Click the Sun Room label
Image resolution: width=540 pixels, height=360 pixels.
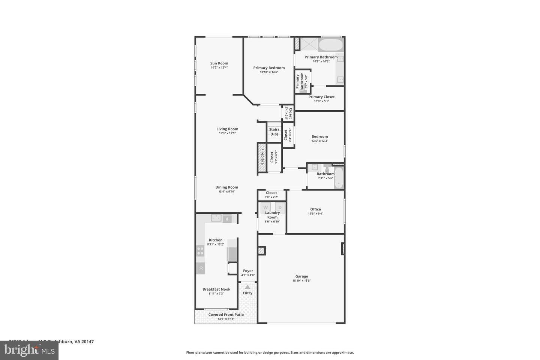click(x=219, y=63)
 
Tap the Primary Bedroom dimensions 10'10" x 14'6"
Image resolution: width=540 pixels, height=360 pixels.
click(x=269, y=72)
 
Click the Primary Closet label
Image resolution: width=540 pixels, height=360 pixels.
click(x=321, y=97)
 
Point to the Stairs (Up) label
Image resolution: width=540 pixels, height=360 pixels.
click(x=274, y=132)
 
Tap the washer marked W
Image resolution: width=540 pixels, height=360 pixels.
click(x=266, y=207)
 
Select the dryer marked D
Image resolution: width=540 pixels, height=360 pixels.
click(x=280, y=207)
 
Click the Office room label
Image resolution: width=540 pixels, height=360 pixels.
click(x=315, y=209)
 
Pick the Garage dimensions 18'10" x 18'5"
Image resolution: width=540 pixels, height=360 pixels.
click(x=301, y=280)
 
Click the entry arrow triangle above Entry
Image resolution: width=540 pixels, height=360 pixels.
click(x=247, y=287)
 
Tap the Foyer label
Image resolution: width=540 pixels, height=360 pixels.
click(x=248, y=271)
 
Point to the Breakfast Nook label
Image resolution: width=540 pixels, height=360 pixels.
click(x=216, y=289)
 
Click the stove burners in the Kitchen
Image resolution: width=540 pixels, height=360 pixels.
click(x=200, y=251)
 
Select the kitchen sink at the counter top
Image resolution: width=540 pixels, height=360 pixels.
click(x=216, y=218)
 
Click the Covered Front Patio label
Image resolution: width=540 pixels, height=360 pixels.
click(x=226, y=315)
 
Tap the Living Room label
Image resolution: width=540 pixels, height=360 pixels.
click(x=227, y=129)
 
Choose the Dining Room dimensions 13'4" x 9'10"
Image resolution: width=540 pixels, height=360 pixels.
click(x=226, y=192)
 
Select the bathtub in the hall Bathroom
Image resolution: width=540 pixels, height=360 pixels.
click(x=339, y=178)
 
